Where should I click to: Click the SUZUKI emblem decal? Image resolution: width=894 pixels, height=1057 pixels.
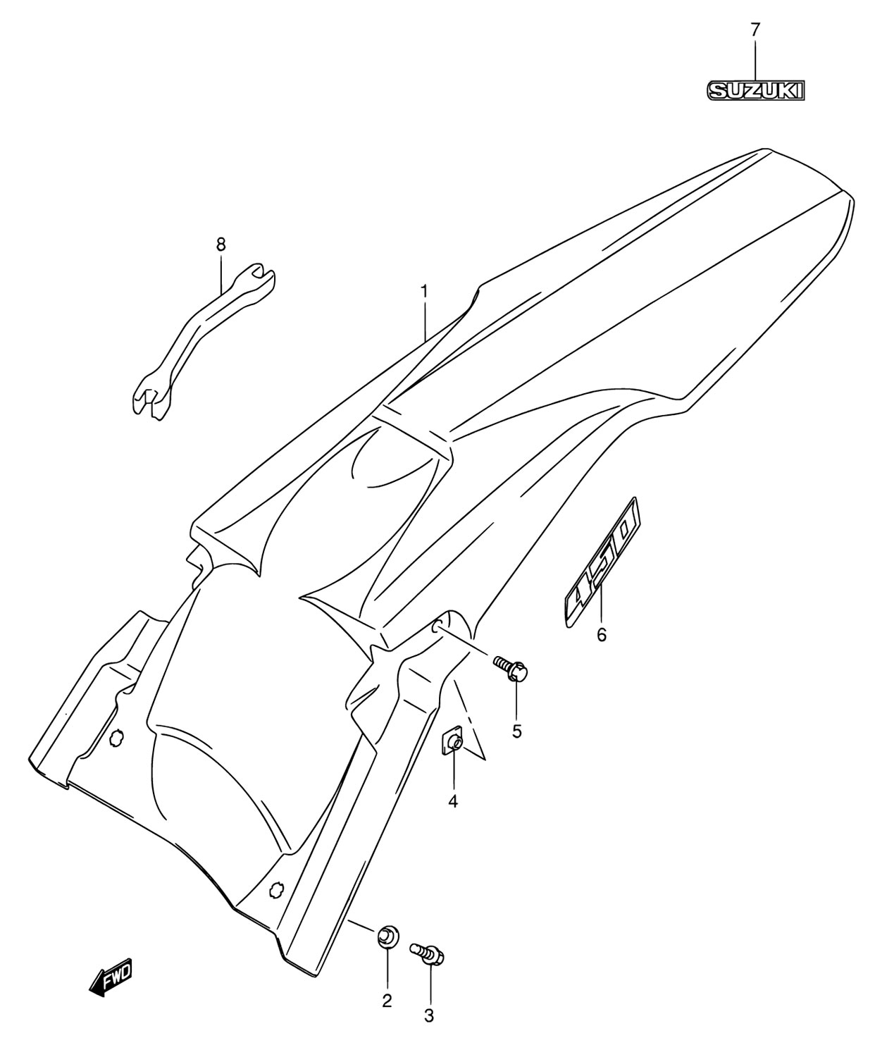coord(755,91)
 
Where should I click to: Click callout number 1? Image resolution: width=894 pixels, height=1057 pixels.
coord(423,292)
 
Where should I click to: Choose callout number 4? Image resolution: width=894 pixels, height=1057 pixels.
coord(453,801)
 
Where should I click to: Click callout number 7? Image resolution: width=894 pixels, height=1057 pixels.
coord(755,30)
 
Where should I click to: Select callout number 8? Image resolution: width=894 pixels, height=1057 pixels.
coord(221,245)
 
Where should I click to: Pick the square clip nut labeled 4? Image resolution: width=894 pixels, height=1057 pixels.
coord(452,742)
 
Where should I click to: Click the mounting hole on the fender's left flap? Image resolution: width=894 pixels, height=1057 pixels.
coord(116,737)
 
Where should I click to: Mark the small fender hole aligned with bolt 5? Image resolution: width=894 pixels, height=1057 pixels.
coord(437,627)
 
